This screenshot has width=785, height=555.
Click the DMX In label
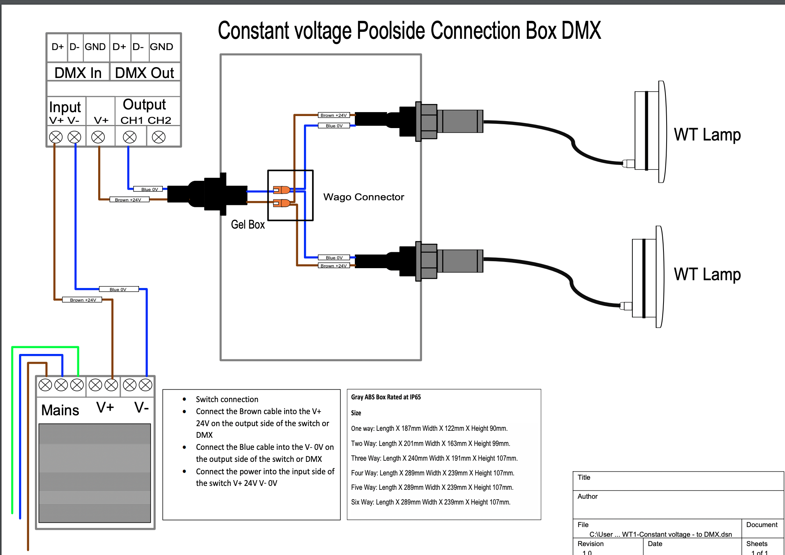pos(78,73)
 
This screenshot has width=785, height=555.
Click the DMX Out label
pos(144,73)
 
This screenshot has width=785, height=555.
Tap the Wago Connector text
pos(363,197)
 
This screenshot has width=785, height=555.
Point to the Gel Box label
pos(248,225)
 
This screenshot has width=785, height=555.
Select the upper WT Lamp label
pos(707,135)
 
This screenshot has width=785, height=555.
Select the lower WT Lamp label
pos(707,274)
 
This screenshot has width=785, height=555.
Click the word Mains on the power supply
pos(60,410)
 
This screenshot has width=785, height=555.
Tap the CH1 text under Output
pos(131,121)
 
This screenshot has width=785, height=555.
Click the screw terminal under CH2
pos(158,137)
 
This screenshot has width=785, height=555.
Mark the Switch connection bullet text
pos(227,399)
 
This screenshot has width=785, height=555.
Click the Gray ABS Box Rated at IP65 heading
pos(386,397)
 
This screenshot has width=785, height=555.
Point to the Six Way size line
pos(431,502)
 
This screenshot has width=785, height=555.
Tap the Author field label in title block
pos(587,496)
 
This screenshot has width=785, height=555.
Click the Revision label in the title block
pos(590,544)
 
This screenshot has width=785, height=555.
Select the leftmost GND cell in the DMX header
pos(95,47)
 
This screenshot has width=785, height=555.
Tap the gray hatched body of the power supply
pos(95,473)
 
